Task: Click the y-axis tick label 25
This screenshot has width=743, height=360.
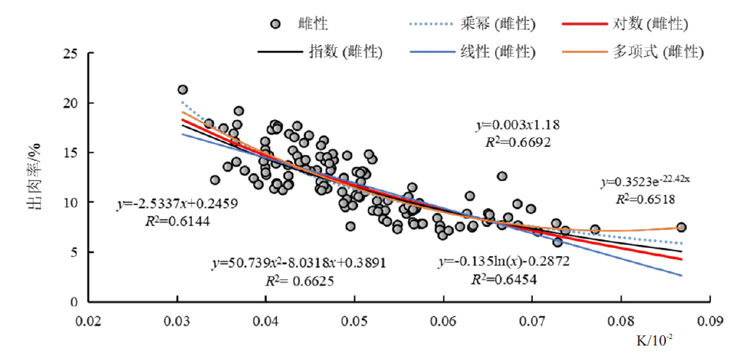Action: [x=70, y=54]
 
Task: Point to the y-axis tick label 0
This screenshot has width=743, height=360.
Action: [x=73, y=301]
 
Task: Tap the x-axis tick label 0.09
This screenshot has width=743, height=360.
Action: [x=709, y=320]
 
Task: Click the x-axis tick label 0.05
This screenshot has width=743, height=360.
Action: [x=354, y=320]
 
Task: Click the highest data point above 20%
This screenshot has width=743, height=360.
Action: [x=182, y=89]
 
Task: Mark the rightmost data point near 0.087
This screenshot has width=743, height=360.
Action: [x=681, y=228]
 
